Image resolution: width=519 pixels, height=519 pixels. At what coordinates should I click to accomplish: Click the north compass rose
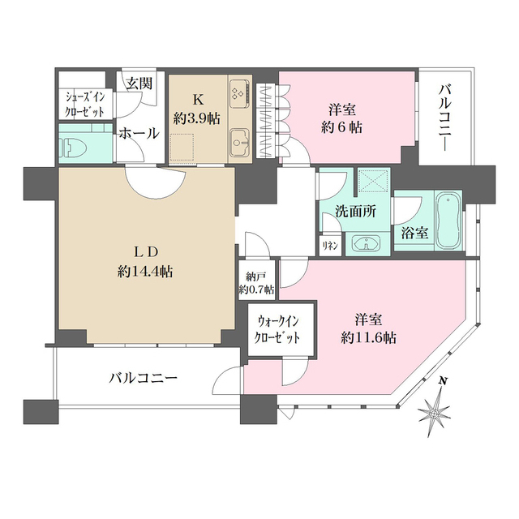click(436, 414)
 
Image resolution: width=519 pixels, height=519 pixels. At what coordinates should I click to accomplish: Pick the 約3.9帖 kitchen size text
click(197, 118)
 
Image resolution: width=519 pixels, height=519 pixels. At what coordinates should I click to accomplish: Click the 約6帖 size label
click(341, 127)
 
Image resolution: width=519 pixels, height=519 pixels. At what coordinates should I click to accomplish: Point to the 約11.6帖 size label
click(367, 336)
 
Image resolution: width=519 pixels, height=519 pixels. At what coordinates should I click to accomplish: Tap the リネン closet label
click(330, 245)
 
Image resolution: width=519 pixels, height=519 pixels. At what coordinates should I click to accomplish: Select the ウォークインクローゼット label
click(277, 331)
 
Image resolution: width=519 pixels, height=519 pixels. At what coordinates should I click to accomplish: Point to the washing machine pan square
click(371, 184)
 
